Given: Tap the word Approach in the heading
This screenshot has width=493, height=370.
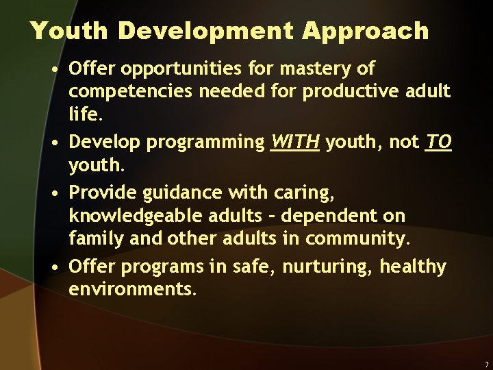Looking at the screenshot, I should [366, 32].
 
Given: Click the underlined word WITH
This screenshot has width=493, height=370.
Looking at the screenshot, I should [295, 142].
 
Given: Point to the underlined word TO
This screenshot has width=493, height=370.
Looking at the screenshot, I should [438, 142].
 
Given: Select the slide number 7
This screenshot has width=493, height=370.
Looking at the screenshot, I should [485, 365].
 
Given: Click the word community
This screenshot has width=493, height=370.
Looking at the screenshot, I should [356, 239].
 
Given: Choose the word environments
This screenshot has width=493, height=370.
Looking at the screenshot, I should [131, 289].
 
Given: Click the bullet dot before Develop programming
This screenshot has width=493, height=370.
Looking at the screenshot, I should [54, 143].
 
